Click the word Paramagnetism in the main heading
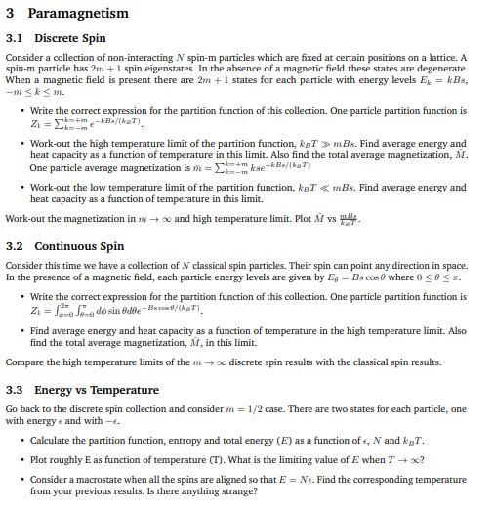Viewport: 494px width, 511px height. coord(78,13)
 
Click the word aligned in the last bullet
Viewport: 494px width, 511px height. coord(241,481)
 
